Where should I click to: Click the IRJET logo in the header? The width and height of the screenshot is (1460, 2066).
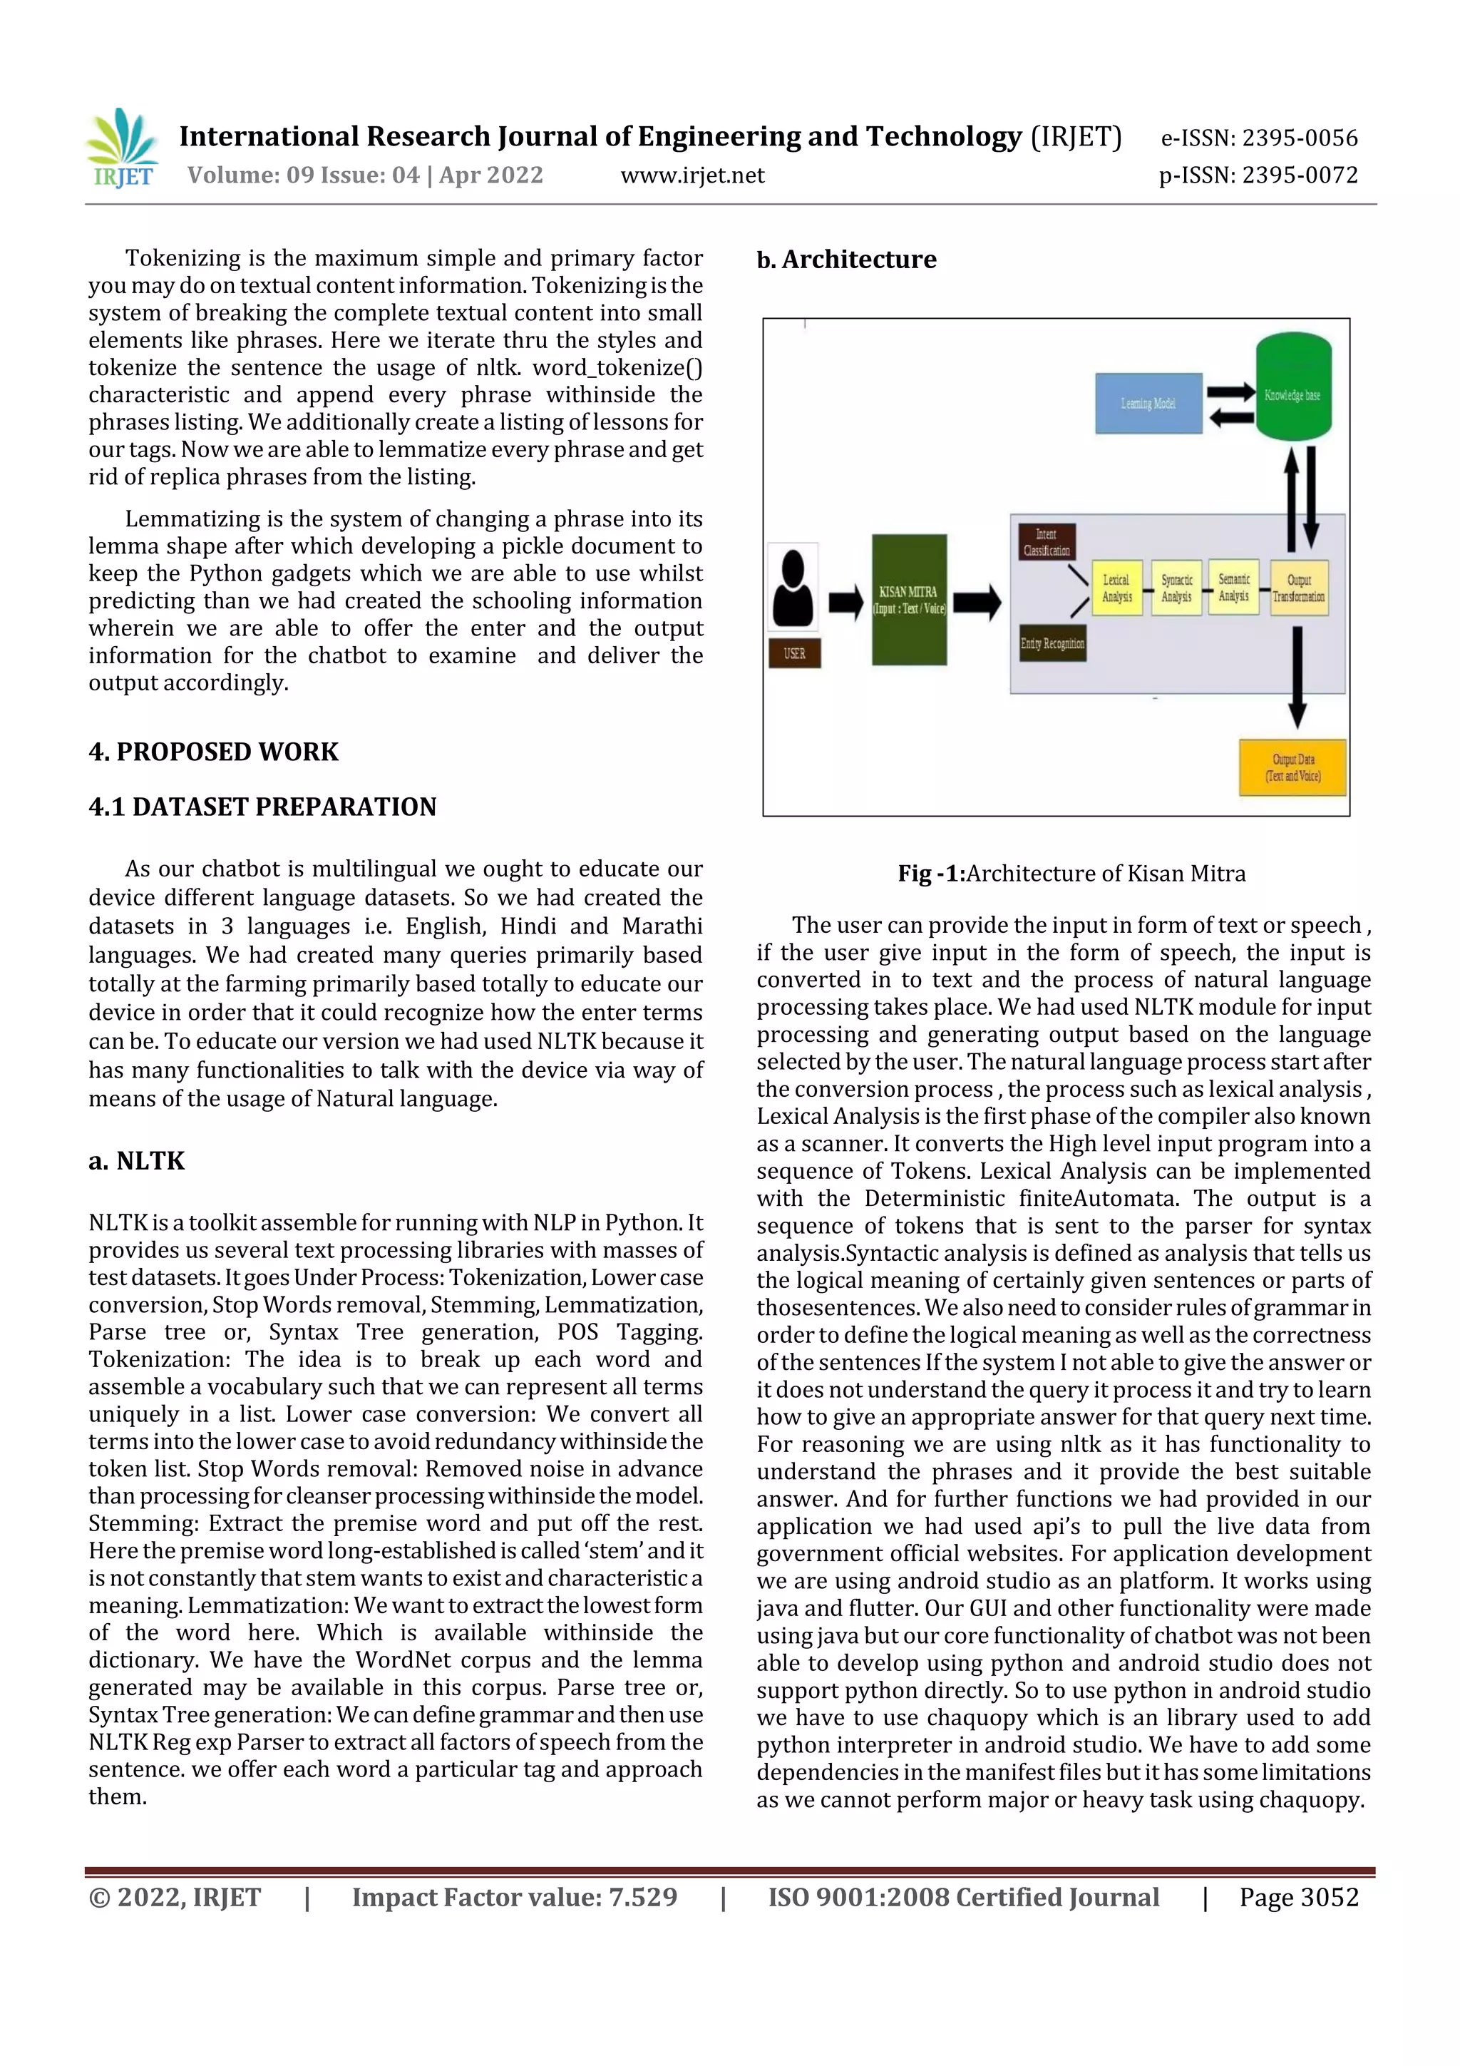click(x=123, y=148)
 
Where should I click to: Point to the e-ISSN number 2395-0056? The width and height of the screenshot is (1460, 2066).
click(x=1260, y=138)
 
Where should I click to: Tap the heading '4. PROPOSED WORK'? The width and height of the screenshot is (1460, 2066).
click(x=213, y=752)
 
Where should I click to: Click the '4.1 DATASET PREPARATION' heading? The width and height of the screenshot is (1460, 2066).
click(x=262, y=807)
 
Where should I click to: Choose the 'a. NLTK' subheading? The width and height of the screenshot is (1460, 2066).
click(x=137, y=1161)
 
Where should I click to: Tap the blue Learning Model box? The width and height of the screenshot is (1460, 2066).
click(x=1148, y=403)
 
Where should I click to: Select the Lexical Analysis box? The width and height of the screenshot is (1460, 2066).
click(x=1116, y=588)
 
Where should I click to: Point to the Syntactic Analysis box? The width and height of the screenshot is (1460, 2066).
click(x=1176, y=588)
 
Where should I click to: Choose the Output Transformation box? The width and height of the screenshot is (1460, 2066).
click(x=1298, y=588)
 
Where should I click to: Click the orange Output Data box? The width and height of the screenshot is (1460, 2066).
click(x=1292, y=767)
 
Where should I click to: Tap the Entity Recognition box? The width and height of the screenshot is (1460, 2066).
click(x=1052, y=643)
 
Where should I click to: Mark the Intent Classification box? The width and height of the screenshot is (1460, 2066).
click(x=1047, y=543)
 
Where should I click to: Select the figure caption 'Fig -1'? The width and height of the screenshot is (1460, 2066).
click(x=1071, y=874)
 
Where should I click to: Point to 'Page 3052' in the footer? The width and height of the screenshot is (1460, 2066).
click(x=1298, y=1897)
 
